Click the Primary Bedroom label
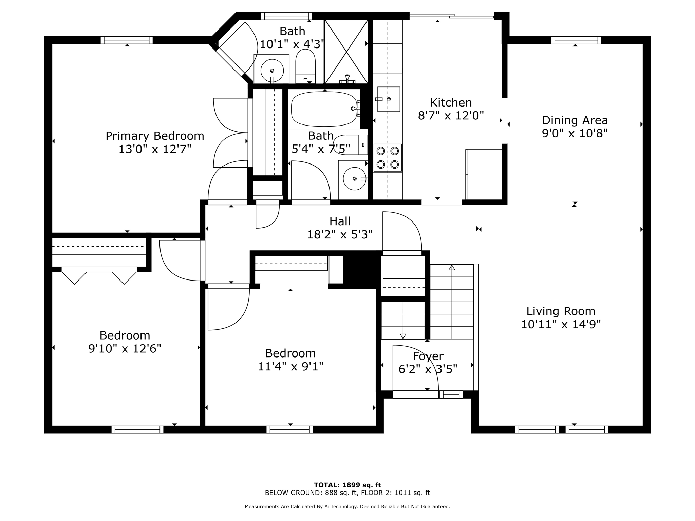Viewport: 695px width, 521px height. pos(155,136)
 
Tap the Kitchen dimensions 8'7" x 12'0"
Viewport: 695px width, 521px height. pos(451,116)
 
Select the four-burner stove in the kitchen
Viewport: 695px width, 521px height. pos(388,158)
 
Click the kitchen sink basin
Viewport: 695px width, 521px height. pos(389,99)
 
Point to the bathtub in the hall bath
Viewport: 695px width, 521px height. pos(324,109)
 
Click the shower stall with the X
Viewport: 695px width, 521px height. pos(346,52)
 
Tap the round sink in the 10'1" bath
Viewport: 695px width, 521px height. pos(272,71)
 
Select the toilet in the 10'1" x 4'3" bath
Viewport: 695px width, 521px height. pos(305,66)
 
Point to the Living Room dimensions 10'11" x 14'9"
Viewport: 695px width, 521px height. pos(561,325)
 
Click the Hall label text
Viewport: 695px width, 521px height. pos(340,221)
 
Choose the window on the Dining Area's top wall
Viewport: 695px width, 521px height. pos(576,40)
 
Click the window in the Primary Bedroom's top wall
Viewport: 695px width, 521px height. pos(127,40)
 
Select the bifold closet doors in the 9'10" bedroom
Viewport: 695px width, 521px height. pos(99,275)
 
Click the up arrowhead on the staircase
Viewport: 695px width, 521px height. pos(452,267)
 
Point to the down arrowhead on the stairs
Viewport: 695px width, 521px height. pos(403,336)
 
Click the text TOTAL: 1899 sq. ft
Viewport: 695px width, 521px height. pos(347,485)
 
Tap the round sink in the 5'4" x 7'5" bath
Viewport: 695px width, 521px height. pos(355,179)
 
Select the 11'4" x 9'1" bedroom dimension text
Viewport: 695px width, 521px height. pos(290,367)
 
